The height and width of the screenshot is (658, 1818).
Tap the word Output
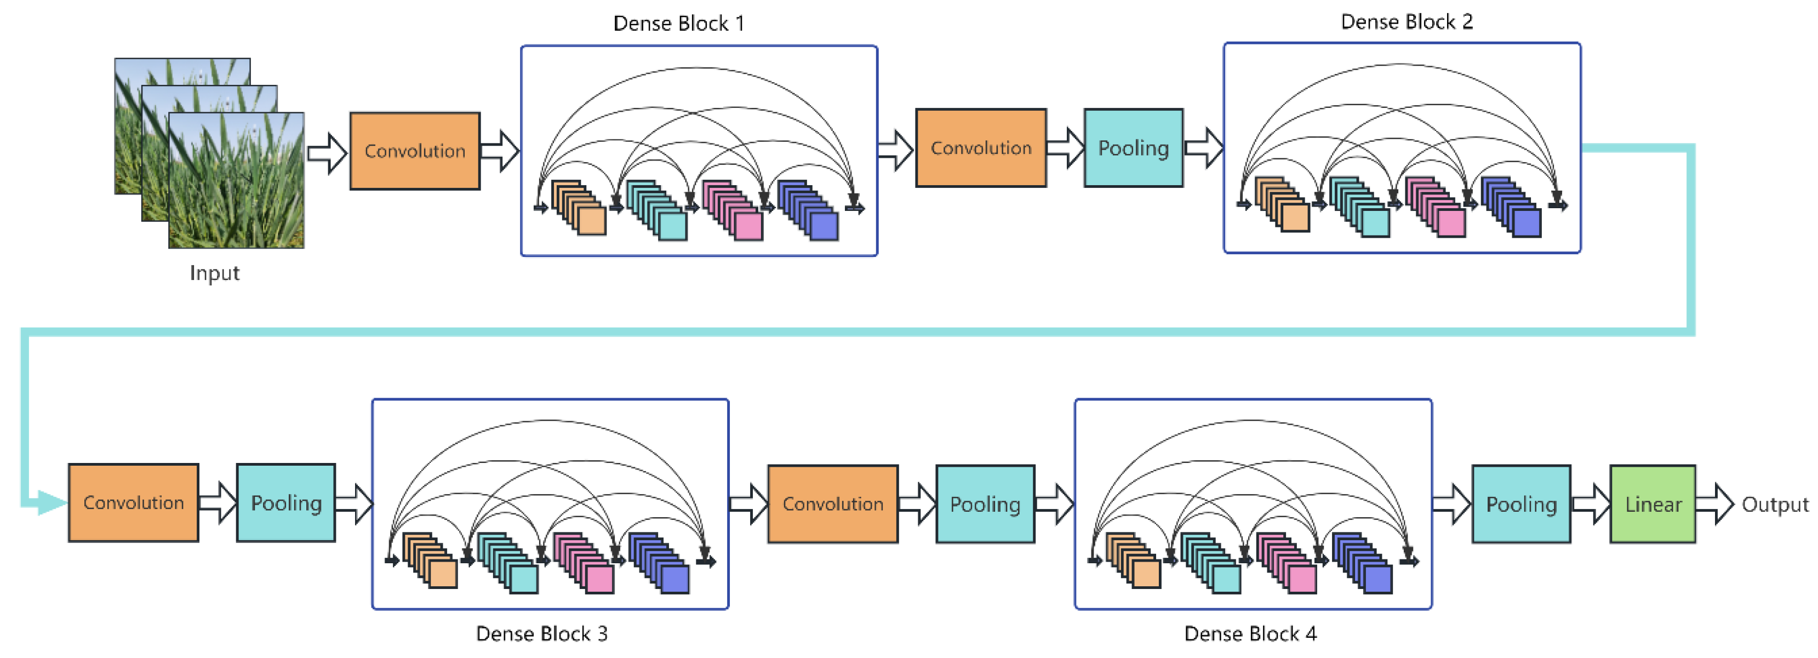1774,505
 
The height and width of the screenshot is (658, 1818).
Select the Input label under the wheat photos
215,273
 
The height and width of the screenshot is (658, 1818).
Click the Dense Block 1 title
678,24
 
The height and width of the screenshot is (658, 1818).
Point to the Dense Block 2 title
1406,22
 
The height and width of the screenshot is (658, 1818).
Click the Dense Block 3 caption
541,633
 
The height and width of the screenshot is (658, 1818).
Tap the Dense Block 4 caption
1250,633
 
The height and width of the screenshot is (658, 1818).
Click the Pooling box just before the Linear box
1521,504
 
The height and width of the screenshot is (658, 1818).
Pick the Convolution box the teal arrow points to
133,503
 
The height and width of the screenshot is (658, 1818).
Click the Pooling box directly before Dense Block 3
286,503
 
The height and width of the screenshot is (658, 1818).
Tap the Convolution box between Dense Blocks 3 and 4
832,504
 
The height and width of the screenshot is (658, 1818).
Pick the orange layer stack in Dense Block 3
431,560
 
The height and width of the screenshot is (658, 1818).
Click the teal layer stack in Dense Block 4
1211,563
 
